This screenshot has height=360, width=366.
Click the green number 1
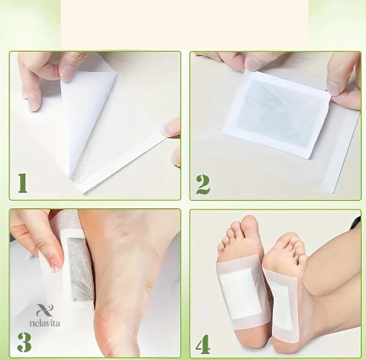click(x=23, y=183)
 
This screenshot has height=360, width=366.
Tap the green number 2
click(x=203, y=185)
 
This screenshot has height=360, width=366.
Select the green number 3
click(x=25, y=342)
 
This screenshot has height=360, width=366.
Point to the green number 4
click(x=203, y=344)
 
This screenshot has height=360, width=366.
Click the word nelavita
click(x=45, y=323)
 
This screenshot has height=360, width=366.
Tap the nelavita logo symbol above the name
click(x=45, y=310)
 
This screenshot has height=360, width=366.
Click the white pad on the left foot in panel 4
click(x=241, y=293)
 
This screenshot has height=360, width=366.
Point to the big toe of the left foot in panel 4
click(x=249, y=225)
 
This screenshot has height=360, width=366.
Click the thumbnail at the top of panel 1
click(x=68, y=72)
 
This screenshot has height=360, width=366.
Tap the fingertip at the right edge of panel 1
click(x=172, y=127)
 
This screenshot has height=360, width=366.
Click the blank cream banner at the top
click(x=185, y=25)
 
